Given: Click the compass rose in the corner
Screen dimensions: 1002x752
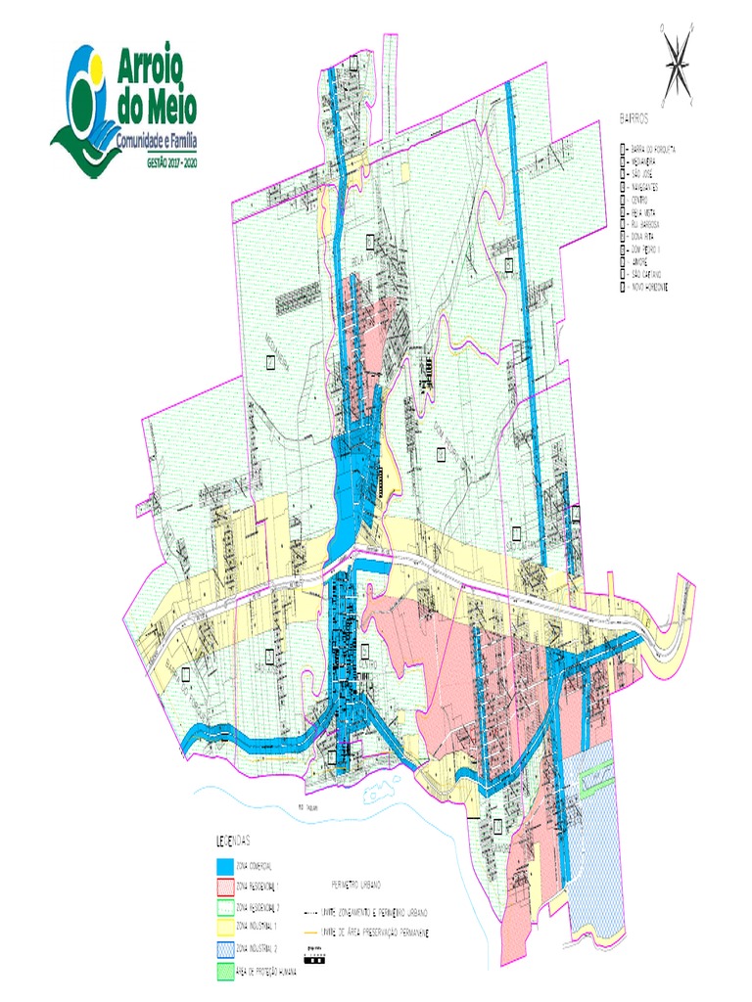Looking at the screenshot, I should click(677, 65).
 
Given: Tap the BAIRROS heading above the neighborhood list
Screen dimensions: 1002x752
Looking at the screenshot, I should click(635, 117).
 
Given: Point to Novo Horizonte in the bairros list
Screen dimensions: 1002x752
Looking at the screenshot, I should click(653, 287).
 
